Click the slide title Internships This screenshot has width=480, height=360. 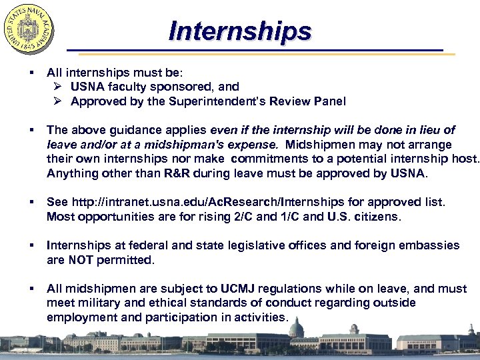point(240,31)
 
